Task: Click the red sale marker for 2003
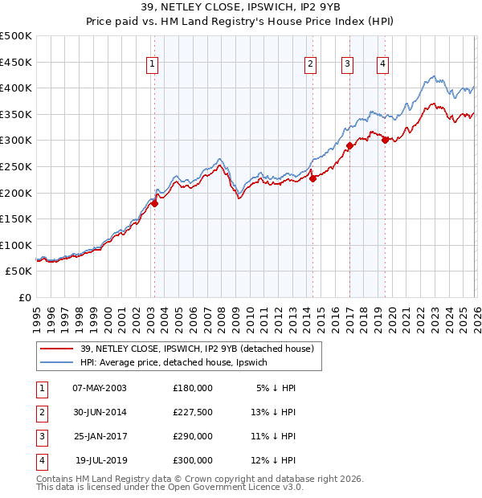coord(154,203)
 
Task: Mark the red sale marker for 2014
coord(312,178)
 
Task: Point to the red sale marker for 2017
coord(349,146)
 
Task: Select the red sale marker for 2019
coord(385,141)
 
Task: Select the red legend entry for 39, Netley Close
coord(201,349)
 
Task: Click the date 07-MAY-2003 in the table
coord(100,387)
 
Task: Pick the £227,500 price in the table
coord(193,412)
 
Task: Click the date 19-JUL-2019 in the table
coord(100,460)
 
